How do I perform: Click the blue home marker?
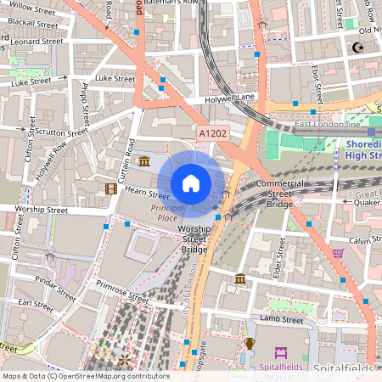coord(191,183)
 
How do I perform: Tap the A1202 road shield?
coord(212,133)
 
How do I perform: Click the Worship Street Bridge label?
coord(193,239)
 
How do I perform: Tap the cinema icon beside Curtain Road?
coord(110,188)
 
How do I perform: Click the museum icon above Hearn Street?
coord(144,161)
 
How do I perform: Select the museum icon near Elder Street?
coord(241,278)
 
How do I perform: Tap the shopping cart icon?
coord(339,252)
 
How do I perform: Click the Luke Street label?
coord(114,79)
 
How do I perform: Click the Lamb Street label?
coord(281,320)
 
